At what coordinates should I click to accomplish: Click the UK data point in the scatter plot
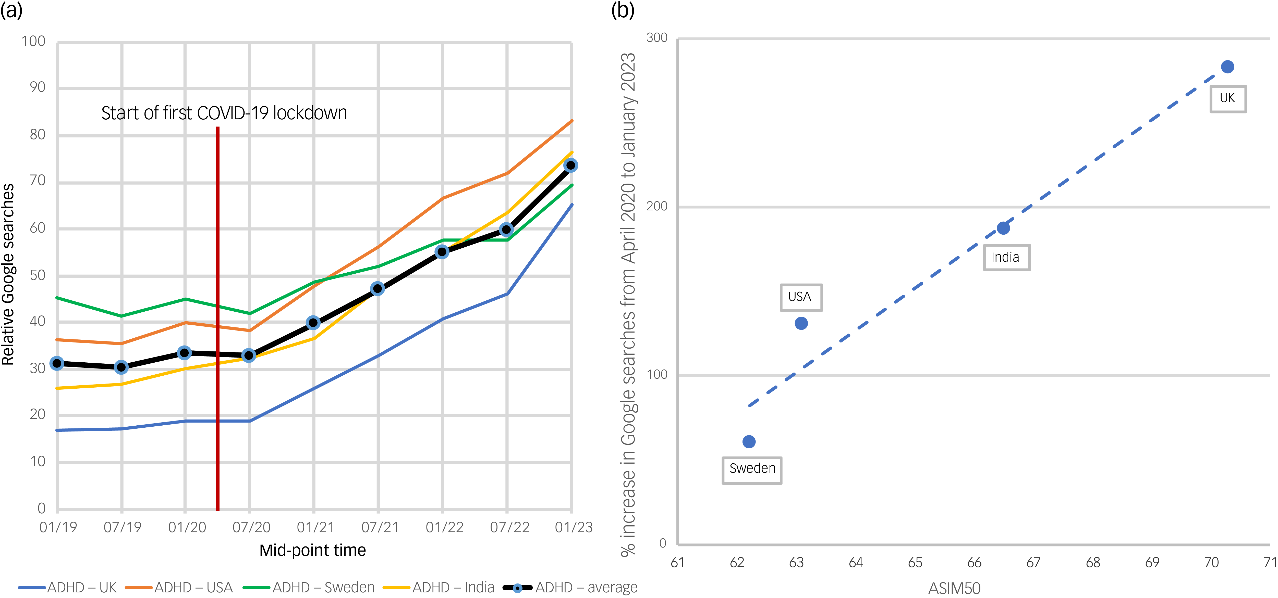coord(1227,67)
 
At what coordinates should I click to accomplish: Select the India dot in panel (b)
coord(1003,228)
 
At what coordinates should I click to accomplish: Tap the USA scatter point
coord(801,323)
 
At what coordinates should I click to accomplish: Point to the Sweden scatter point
coord(749,441)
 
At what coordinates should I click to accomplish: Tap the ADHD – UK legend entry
coord(67,588)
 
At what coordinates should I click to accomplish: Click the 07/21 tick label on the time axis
coord(380,527)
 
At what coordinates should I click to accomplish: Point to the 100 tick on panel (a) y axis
coord(33,41)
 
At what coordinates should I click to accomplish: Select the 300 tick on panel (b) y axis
coord(657,38)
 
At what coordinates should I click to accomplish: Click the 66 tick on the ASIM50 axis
coord(974,562)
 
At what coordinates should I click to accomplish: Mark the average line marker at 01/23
coord(571,166)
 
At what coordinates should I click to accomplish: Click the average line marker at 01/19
coord(57,363)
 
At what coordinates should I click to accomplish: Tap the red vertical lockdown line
coord(218,318)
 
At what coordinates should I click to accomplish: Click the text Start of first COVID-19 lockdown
coord(224,113)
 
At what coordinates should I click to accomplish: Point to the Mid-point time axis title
coord(313,550)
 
